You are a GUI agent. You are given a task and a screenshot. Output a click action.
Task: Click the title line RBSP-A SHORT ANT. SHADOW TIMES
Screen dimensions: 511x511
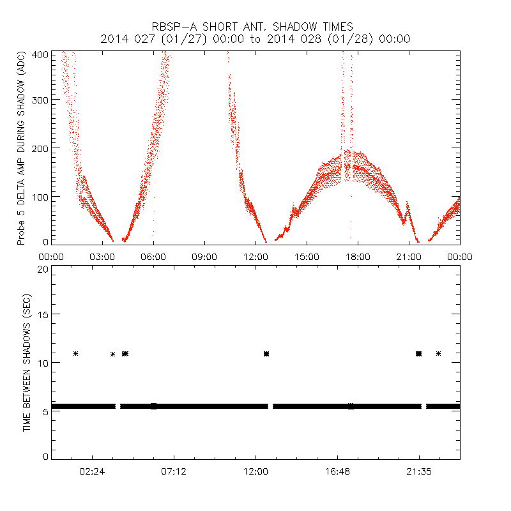point(255,26)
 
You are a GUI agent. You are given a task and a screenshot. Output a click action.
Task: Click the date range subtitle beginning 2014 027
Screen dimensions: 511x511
point(255,39)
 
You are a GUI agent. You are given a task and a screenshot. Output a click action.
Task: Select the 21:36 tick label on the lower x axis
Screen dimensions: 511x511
point(419,472)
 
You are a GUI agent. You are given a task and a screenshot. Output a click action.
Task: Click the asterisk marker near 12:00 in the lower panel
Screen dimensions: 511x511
point(266,353)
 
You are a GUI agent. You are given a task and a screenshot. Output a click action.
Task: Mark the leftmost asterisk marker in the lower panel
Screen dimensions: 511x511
point(76,353)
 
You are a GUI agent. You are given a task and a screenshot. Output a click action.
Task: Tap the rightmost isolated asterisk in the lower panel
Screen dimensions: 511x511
point(438,353)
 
